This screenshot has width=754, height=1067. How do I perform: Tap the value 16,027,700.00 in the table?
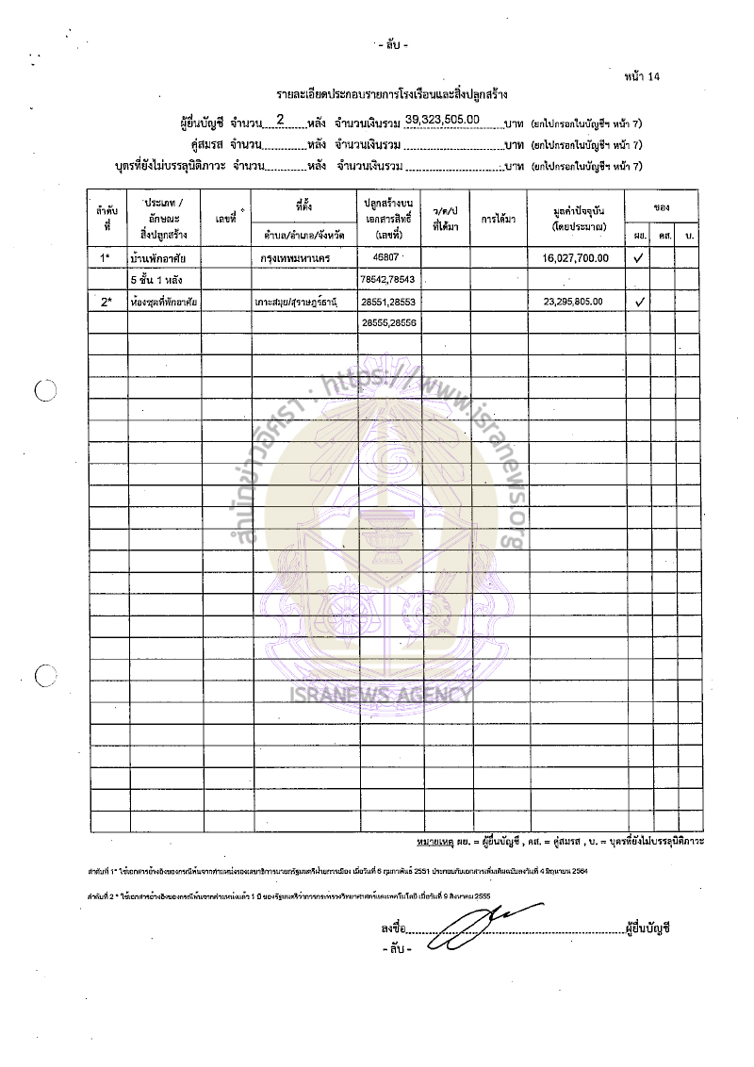(576, 257)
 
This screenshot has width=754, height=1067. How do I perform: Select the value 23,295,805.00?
(576, 302)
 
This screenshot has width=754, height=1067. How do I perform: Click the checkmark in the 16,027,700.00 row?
(639, 257)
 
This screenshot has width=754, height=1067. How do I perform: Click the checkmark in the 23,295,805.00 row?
(639, 302)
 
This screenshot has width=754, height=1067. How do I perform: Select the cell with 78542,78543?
(388, 279)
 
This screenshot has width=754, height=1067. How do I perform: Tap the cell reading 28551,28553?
(388, 302)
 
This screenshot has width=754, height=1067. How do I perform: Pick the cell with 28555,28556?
(388, 323)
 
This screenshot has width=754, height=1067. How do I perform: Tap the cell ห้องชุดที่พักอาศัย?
(163, 302)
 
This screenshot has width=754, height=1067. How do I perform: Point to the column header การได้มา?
(498, 218)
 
